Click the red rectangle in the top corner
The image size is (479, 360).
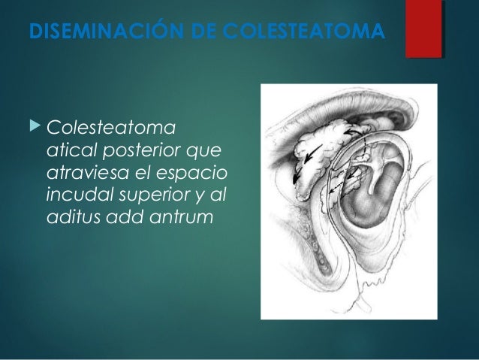point(423,29)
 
